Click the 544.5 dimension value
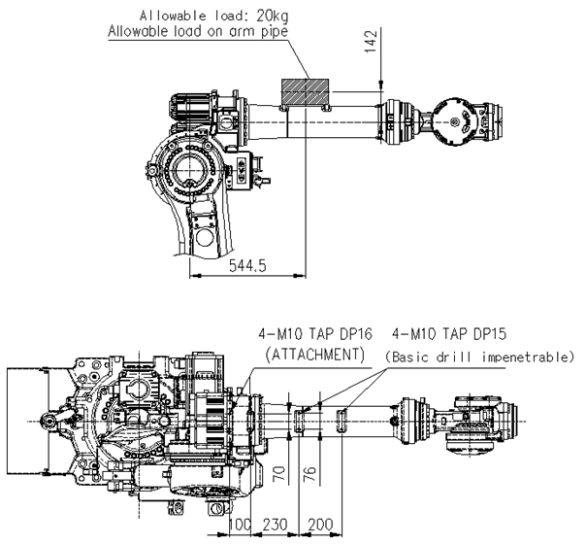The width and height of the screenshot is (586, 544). pyautogui.click(x=247, y=265)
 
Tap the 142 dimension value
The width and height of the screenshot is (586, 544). pyautogui.click(x=371, y=41)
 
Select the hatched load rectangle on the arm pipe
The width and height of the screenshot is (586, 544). pyautogui.click(x=305, y=92)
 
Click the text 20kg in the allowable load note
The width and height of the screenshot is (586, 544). pyautogui.click(x=273, y=16)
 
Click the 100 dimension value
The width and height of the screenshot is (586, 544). pyautogui.click(x=240, y=525)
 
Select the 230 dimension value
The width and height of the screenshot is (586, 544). pyautogui.click(x=275, y=525)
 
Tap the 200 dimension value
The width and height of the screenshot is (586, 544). pyautogui.click(x=320, y=525)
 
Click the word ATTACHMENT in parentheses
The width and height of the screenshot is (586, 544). pyautogui.click(x=314, y=355)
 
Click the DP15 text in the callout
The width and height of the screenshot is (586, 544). pyautogui.click(x=490, y=333)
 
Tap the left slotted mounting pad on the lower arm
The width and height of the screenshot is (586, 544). pyautogui.click(x=300, y=421)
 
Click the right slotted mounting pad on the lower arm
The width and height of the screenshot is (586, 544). pyautogui.click(x=342, y=421)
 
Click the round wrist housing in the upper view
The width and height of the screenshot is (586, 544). pyautogui.click(x=453, y=121)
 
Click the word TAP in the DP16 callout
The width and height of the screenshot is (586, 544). pyautogui.click(x=324, y=333)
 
